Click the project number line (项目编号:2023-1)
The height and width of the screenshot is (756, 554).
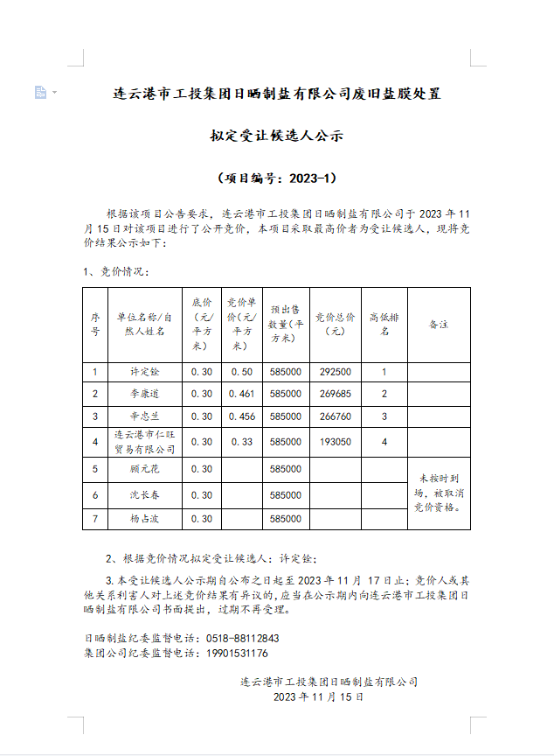coord(276,178)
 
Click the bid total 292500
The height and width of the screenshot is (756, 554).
coord(335,372)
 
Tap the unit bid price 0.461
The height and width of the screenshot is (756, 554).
coord(241,394)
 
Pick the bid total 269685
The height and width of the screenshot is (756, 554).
coord(335,394)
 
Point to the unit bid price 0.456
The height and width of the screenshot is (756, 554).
coord(241,416)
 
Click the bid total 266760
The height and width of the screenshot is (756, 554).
coord(335,416)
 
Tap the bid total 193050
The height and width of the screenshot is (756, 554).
coord(335,442)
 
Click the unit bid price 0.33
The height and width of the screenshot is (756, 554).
coord(241,442)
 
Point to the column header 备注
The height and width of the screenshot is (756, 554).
coord(439,325)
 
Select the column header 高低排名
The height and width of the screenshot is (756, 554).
coord(384,325)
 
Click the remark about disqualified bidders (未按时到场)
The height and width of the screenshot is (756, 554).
coord(439,493)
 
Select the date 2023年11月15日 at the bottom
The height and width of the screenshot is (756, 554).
coord(318,697)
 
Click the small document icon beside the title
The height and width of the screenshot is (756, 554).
coord(40,92)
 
